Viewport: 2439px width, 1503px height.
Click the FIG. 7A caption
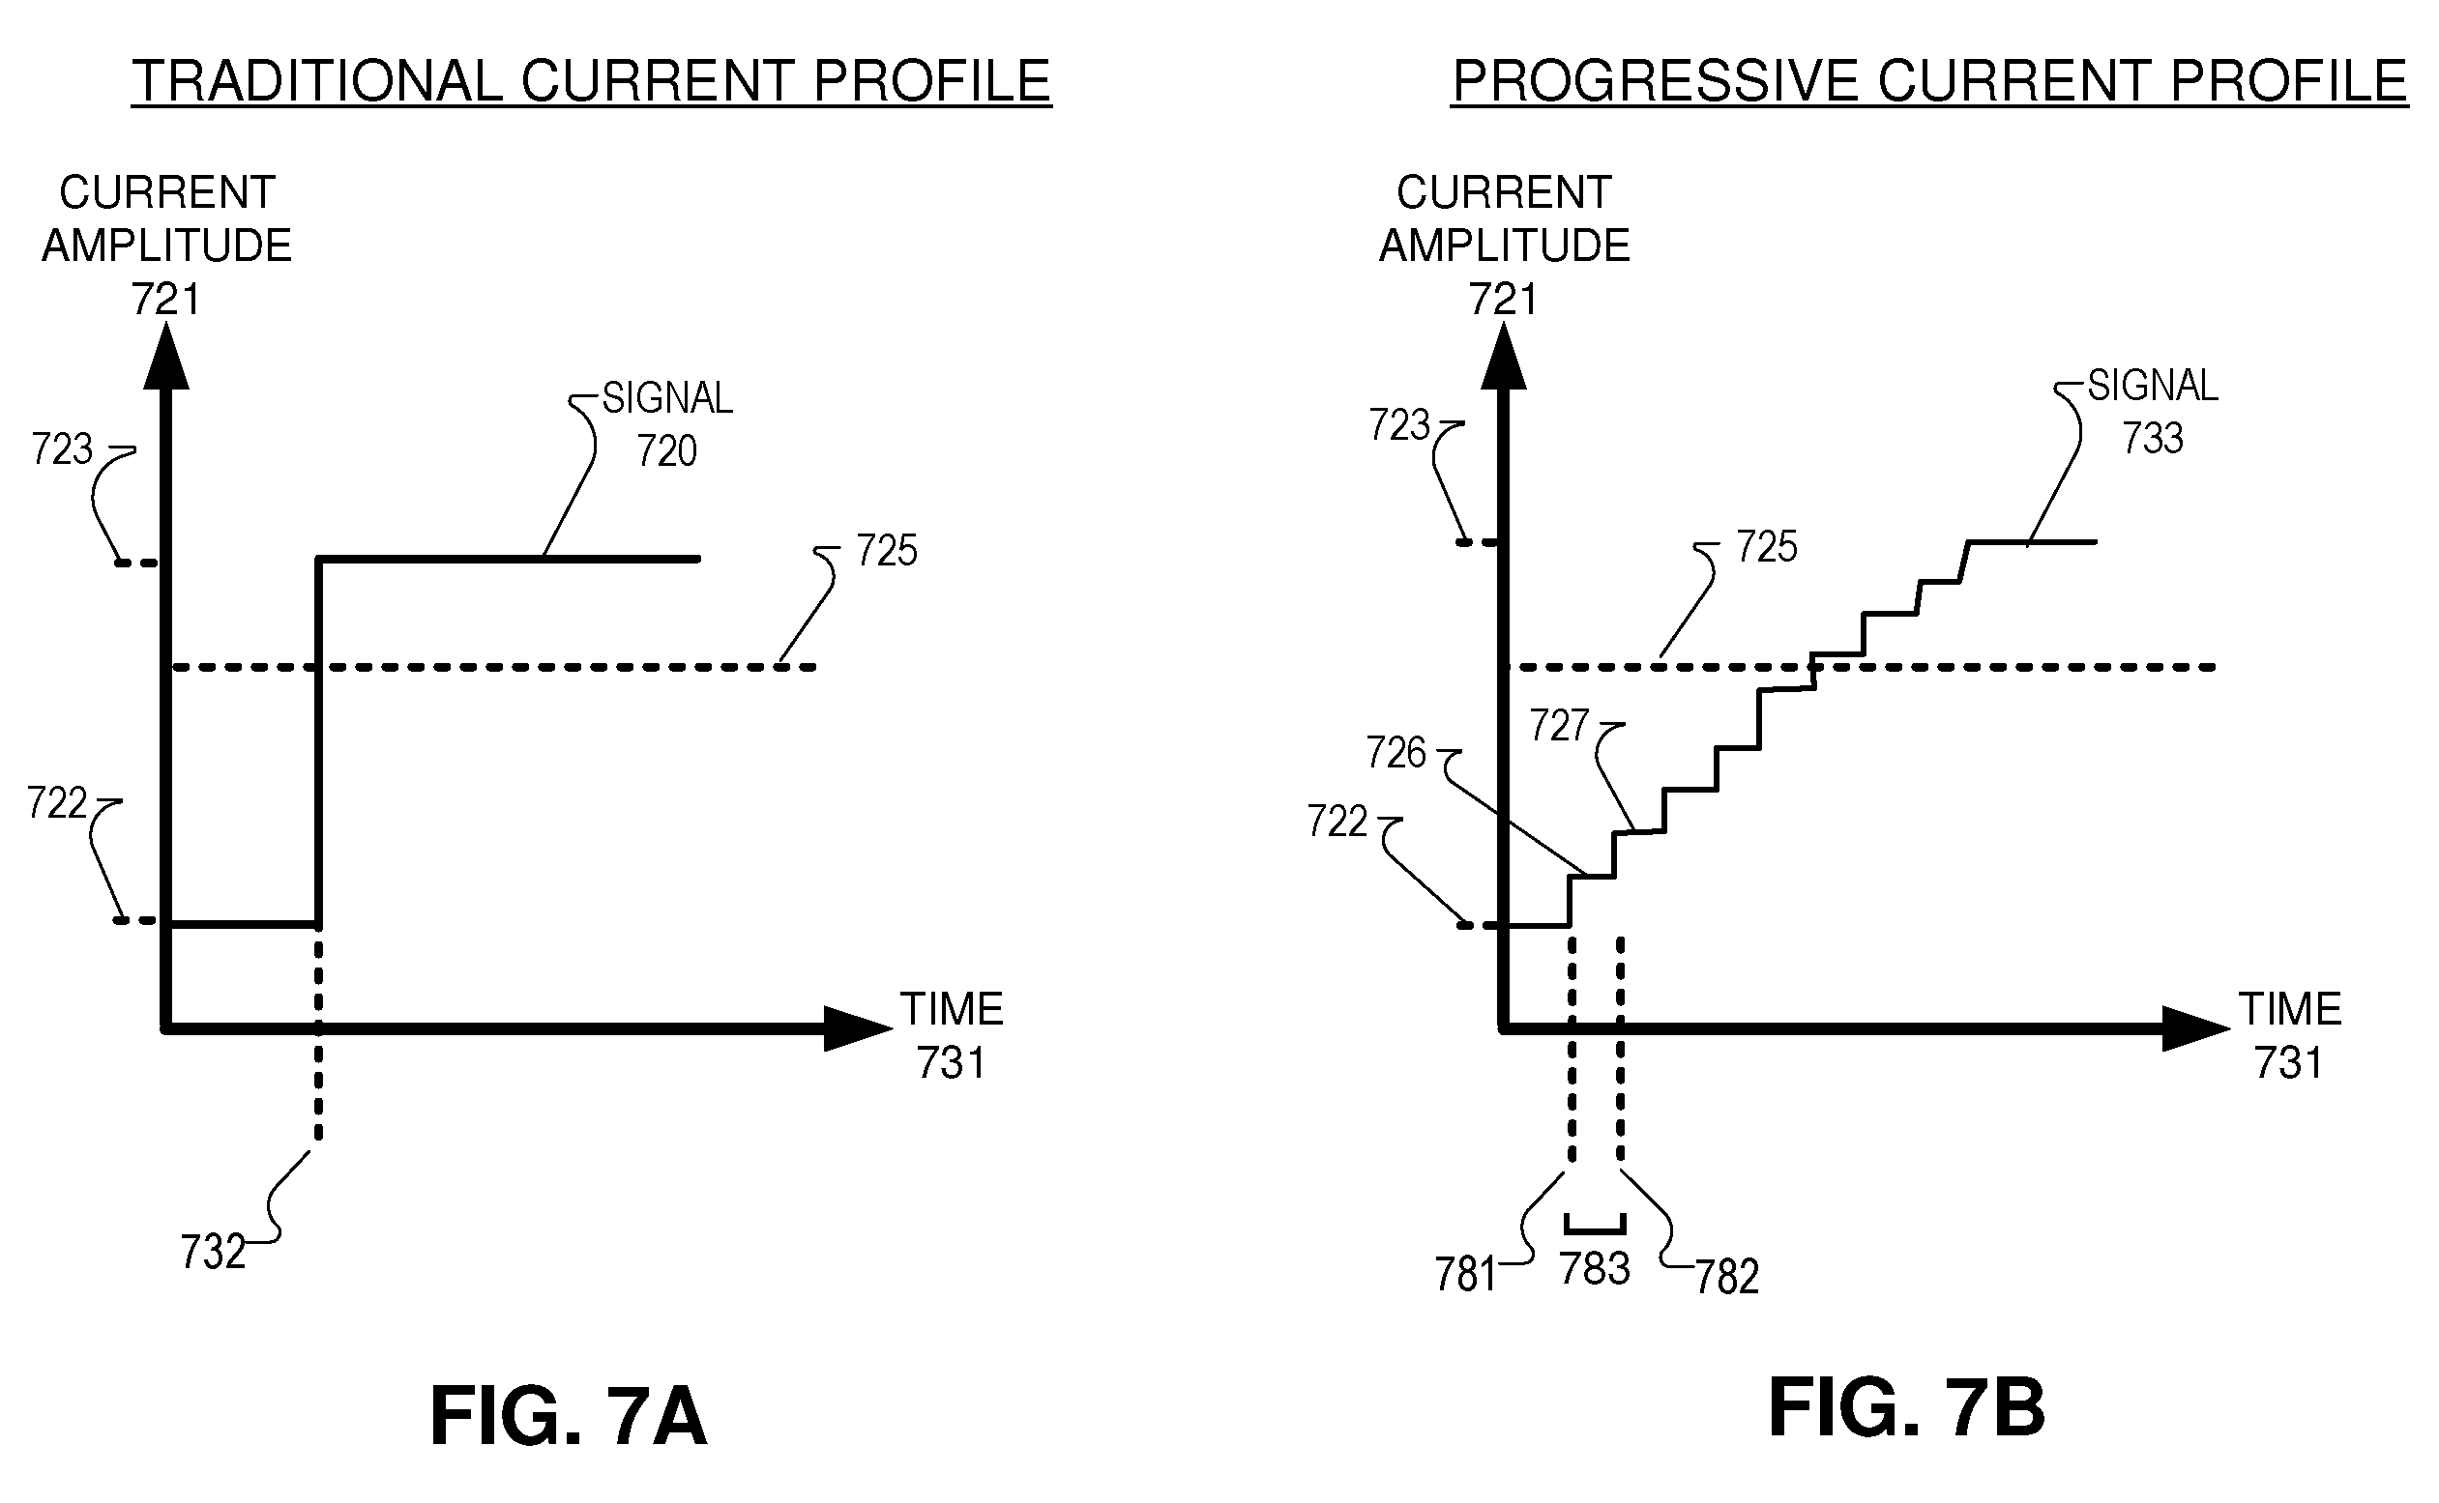pyautogui.click(x=569, y=1417)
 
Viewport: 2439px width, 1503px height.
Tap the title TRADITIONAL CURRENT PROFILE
pyautogui.click(x=592, y=81)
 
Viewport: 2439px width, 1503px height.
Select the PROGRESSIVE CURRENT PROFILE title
pyautogui.click(x=1929, y=80)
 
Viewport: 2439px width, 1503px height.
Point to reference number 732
pyautogui.click(x=213, y=1253)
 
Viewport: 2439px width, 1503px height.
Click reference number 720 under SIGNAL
pyautogui.click(x=666, y=451)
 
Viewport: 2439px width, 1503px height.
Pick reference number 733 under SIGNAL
pyautogui.click(x=2153, y=439)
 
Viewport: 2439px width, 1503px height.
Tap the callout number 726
pyautogui.click(x=1396, y=753)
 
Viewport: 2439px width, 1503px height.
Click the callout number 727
pyautogui.click(x=1559, y=726)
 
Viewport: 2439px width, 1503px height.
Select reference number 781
pyautogui.click(x=1465, y=1274)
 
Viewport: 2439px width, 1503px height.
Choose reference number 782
pyautogui.click(x=1727, y=1278)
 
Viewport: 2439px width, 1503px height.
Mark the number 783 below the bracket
pyautogui.click(x=1595, y=1268)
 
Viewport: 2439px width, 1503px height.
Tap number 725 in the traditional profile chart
pyautogui.click(x=887, y=550)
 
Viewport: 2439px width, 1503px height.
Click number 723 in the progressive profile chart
pyautogui.click(x=1399, y=425)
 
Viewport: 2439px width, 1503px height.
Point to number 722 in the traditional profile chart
pyautogui.click(x=57, y=803)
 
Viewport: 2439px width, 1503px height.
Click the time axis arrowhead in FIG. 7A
pyautogui.click(x=858, y=1028)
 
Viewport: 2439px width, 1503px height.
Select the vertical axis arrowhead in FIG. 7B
pyautogui.click(x=1504, y=356)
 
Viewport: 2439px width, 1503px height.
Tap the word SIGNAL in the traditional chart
pyautogui.click(x=667, y=398)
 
